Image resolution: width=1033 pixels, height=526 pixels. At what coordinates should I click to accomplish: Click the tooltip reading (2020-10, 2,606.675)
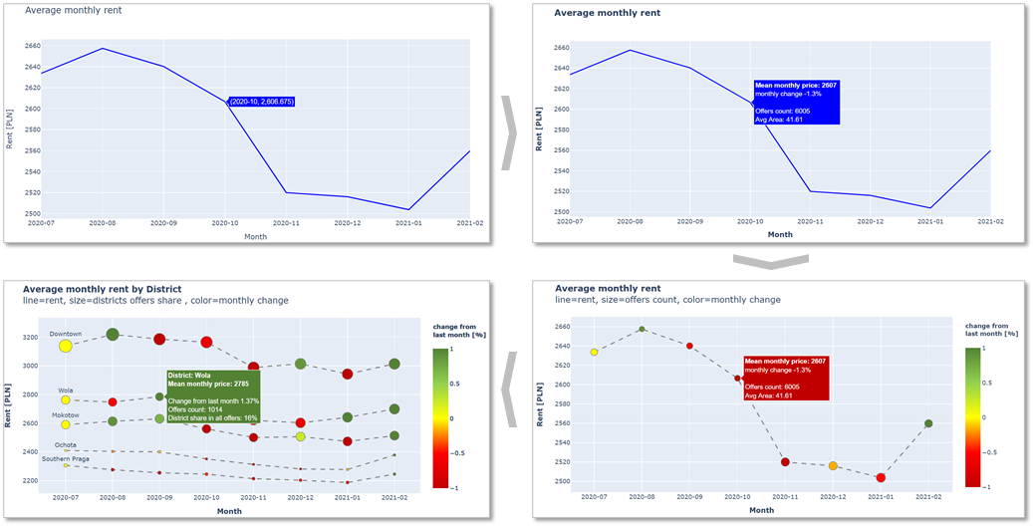point(261,102)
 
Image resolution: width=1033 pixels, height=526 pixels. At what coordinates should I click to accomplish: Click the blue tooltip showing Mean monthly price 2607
point(796,103)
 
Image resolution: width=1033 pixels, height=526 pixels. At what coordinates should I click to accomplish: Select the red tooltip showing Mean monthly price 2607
point(786,379)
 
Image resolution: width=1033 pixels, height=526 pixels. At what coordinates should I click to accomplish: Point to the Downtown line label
point(66,334)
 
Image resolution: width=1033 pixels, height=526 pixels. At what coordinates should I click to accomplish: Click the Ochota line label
point(66,444)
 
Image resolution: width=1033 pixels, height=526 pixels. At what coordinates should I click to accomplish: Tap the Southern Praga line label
point(66,458)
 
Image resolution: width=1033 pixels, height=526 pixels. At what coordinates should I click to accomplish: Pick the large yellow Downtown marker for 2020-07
point(66,346)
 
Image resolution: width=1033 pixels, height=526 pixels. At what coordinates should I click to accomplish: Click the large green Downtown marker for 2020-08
point(113,335)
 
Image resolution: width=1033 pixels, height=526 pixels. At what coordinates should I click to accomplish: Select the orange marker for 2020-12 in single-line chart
point(833,466)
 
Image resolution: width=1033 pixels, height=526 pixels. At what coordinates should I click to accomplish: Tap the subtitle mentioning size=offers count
point(667,300)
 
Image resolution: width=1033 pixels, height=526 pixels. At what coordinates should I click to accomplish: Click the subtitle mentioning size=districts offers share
point(155,300)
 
